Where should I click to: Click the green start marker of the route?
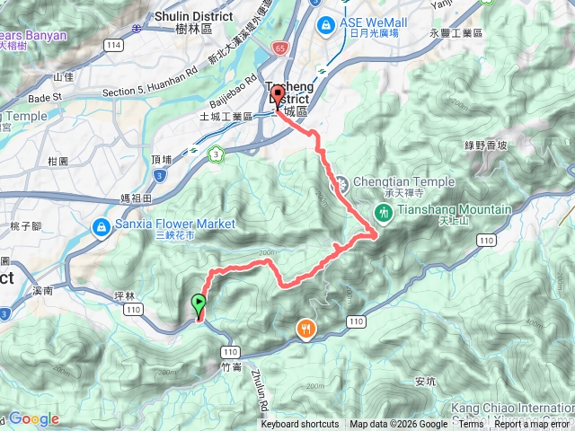pyautogui.click(x=199, y=305)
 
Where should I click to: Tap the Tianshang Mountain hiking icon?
pyautogui.click(x=384, y=212)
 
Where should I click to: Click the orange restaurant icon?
pyautogui.click(x=306, y=330)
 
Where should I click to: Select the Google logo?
pyautogui.click(x=33, y=419)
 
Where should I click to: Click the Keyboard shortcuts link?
pyautogui.click(x=300, y=425)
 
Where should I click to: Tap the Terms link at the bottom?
pyautogui.click(x=471, y=425)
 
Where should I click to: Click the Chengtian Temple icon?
pyautogui.click(x=341, y=186)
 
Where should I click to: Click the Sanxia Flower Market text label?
pyautogui.click(x=176, y=223)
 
